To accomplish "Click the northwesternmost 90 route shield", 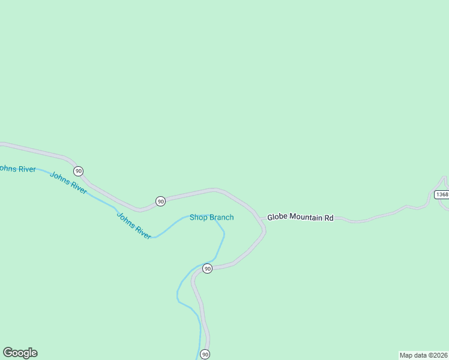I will [x=79, y=171].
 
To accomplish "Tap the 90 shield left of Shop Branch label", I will [x=160, y=201].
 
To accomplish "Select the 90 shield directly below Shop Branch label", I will [x=207, y=268].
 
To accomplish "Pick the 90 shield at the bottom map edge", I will [x=205, y=355].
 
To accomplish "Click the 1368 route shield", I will [x=442, y=194].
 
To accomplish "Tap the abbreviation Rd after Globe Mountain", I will [x=329, y=217].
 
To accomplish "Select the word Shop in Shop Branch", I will [x=198, y=217].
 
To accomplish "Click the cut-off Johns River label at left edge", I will [x=17, y=169].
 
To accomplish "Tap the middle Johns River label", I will [x=68, y=182].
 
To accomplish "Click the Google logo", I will [x=20, y=353].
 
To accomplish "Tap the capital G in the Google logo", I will [x=8, y=352].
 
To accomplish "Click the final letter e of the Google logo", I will [x=34, y=353].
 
